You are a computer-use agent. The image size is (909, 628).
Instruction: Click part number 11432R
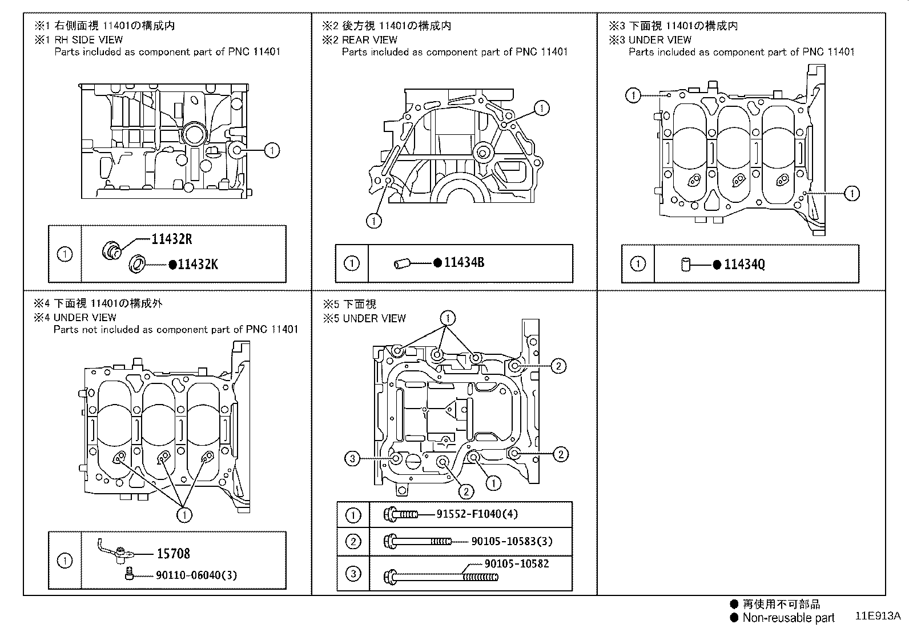pyautogui.click(x=171, y=239)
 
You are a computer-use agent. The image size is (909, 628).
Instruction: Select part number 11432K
pyautogui.click(x=198, y=264)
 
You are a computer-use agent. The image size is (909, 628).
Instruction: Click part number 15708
pyautogui.click(x=173, y=553)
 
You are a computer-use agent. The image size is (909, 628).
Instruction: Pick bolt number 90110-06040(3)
pyautogui.click(x=196, y=575)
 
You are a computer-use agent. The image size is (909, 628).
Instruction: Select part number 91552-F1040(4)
pyautogui.click(x=477, y=514)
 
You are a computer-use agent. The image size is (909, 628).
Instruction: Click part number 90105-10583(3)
pyautogui.click(x=512, y=541)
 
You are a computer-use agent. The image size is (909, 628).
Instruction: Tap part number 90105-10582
pyautogui.click(x=516, y=563)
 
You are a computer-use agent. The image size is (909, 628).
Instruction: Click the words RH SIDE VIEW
pyautogui.click(x=88, y=39)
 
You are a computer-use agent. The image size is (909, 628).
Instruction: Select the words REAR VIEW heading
pyautogui.click(x=369, y=39)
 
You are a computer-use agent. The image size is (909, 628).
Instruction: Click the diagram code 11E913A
pyautogui.click(x=877, y=616)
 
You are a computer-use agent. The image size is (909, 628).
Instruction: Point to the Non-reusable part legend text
pyautogui.click(x=788, y=618)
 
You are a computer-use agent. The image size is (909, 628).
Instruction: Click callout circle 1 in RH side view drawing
pyautogui.click(x=272, y=150)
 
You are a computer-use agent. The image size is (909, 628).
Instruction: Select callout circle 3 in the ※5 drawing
pyautogui.click(x=353, y=458)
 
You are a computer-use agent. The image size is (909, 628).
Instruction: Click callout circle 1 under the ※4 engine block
pyautogui.click(x=184, y=515)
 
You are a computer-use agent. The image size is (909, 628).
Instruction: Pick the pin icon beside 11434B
pyautogui.click(x=402, y=263)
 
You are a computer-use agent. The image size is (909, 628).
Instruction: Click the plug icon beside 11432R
pyautogui.click(x=112, y=250)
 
